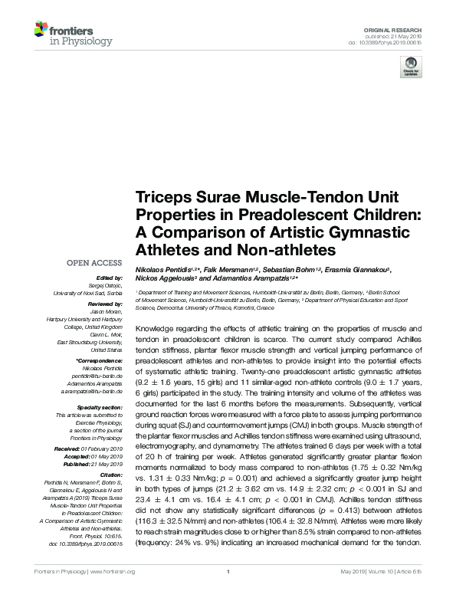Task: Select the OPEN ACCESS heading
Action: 95,262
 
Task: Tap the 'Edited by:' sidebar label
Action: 108,278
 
